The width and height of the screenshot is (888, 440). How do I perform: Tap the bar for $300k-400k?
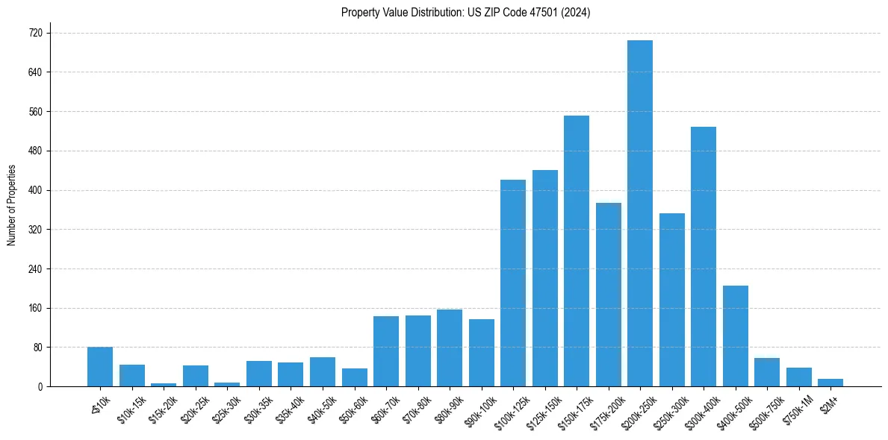pyautogui.click(x=704, y=257)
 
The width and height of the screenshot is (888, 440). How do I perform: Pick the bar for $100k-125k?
pyautogui.click(x=513, y=283)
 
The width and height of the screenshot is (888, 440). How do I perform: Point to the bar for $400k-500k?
pyautogui.click(x=736, y=336)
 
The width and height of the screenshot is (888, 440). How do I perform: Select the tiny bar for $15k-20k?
pyautogui.click(x=164, y=385)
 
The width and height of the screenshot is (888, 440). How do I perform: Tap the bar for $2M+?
pyautogui.click(x=830, y=383)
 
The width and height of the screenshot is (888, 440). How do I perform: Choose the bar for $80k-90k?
pyautogui.click(x=450, y=348)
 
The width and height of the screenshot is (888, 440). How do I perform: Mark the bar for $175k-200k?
pyautogui.click(x=609, y=295)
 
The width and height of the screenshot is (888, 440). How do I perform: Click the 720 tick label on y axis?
pyautogui.click(x=35, y=34)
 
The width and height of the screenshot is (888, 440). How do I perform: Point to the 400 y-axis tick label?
pyautogui.click(x=35, y=190)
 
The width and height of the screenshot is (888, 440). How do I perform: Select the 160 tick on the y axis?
pyautogui.click(x=35, y=308)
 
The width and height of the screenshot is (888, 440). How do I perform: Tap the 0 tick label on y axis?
pyautogui.click(x=40, y=387)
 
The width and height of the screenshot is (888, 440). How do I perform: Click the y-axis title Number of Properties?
pyautogui.click(x=11, y=206)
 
